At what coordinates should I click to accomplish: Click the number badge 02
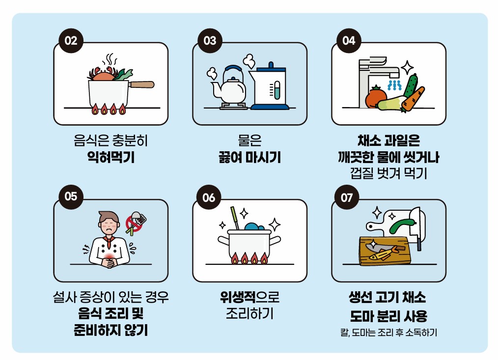click(x=71, y=41)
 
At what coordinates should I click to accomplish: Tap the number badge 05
click(x=71, y=196)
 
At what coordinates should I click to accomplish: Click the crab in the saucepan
click(x=104, y=75)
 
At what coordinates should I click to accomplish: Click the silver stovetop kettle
click(x=229, y=87)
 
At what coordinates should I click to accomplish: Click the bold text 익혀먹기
click(x=111, y=158)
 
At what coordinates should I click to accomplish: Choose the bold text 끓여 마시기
click(x=249, y=158)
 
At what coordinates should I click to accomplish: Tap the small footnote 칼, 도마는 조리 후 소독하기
click(x=388, y=332)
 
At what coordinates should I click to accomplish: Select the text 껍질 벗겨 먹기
click(x=388, y=173)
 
